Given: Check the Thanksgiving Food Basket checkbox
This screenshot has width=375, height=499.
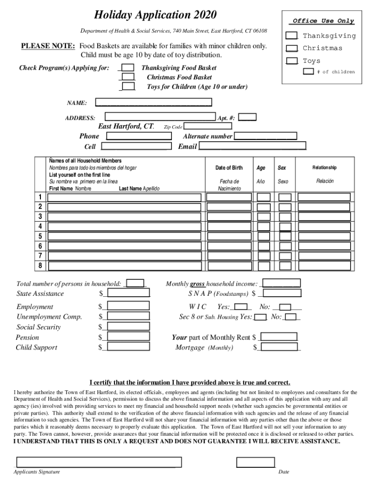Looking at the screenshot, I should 128,68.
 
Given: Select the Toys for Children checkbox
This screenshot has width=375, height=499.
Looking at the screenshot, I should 129,87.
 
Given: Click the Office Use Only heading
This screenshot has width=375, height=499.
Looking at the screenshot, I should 323,21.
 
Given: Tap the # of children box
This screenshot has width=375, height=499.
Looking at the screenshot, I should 308,72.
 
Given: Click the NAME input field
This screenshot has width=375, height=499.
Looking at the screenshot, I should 153,103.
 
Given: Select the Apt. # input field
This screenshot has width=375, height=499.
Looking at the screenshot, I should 248,117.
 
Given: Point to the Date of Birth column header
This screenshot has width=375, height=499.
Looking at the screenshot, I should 229,168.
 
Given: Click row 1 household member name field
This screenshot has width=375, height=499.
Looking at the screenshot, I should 124,197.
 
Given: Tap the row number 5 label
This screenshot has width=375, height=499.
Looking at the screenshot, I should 40,236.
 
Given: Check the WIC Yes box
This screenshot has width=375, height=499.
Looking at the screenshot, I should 240,307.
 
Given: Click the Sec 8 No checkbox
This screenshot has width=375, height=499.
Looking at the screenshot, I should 291,317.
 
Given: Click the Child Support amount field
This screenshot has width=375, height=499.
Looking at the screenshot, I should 128,347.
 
